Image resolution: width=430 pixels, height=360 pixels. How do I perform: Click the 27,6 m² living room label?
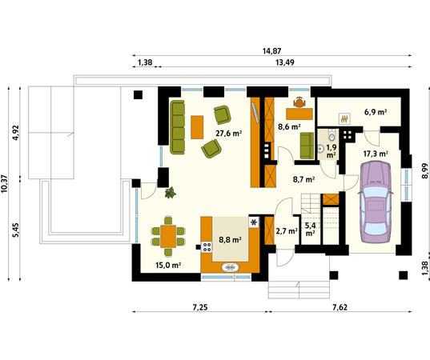228,134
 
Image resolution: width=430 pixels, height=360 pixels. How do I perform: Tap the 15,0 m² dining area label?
168,265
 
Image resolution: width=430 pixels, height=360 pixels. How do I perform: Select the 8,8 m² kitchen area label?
230,240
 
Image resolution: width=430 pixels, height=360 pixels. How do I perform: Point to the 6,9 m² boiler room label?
376,112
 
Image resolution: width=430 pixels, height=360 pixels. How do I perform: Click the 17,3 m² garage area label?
376,154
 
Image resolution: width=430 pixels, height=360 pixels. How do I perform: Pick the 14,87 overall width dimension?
271,51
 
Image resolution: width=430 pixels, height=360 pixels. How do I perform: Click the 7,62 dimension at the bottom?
340,307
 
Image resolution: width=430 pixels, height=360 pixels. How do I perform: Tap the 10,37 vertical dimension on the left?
5,183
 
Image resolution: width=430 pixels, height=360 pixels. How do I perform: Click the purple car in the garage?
376,202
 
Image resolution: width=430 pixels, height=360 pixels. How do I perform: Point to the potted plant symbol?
171,193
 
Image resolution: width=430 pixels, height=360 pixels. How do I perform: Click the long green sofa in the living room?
178,127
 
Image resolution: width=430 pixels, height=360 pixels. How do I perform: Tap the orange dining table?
168,237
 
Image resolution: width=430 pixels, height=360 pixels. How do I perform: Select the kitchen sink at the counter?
230,267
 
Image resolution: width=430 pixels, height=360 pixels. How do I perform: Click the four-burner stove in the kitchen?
207,247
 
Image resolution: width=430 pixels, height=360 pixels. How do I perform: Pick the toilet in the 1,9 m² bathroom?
332,134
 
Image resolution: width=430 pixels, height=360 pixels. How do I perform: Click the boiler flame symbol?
344,119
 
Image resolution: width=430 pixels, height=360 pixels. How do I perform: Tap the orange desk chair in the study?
299,102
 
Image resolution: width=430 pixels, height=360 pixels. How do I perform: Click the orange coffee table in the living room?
197,127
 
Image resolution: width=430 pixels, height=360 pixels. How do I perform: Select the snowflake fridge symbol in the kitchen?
254,222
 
